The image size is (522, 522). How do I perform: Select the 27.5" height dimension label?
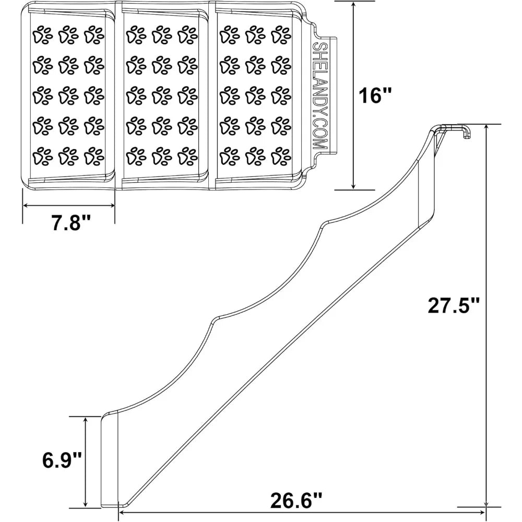[x=453, y=305]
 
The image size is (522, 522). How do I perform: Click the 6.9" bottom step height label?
[x=62, y=461]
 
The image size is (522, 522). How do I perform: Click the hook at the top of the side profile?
[x=466, y=132]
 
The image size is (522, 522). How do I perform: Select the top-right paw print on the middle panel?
[x=187, y=35]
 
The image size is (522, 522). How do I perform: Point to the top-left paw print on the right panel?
[x=228, y=35]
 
